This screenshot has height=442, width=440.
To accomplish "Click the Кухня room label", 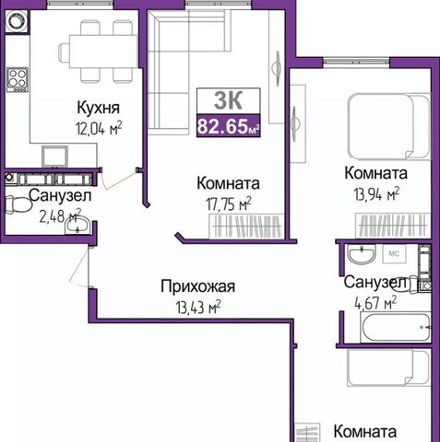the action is [98, 108].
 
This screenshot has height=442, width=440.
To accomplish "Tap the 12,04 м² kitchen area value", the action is [99, 128].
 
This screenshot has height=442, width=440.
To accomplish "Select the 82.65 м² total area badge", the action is [229, 126].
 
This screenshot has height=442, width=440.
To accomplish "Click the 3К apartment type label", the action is [229, 100].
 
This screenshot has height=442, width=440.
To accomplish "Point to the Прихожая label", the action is [197, 286].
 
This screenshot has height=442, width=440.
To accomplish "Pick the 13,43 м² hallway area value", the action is [198, 307].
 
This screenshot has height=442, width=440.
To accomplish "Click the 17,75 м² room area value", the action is [229, 204].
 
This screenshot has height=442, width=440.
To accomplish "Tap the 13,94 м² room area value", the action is [376, 194].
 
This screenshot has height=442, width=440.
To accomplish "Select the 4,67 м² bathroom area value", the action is [375, 303].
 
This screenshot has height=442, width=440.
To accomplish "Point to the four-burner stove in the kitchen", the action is [18, 80].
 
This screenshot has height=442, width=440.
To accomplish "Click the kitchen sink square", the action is [54, 157].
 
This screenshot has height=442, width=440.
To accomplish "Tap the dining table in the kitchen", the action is [103, 52].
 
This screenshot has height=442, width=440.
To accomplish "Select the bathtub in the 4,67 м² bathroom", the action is [396, 328].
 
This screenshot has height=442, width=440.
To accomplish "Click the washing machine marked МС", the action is [394, 253].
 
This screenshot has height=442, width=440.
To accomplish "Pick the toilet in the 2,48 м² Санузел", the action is [18, 205].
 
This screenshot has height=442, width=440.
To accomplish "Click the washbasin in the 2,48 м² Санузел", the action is [77, 225].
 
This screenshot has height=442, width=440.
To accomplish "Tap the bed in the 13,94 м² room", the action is [388, 127].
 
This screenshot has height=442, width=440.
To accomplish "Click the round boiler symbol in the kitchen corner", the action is [17, 21].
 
